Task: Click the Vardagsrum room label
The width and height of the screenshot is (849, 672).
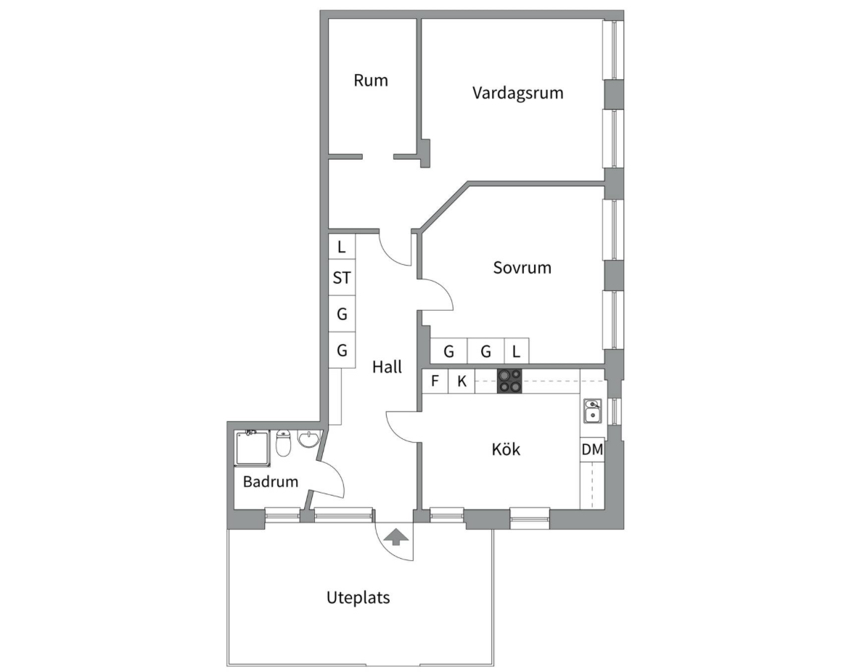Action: tap(517, 93)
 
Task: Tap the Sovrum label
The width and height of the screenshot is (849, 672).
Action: tap(522, 268)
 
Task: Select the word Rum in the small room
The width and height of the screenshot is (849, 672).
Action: tap(371, 81)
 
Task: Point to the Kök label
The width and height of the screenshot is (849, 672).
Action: tap(506, 449)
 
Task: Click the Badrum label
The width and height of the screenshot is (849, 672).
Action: tap(271, 481)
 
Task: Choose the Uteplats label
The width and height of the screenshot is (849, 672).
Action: tap(358, 598)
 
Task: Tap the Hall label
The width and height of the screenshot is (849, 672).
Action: tap(387, 367)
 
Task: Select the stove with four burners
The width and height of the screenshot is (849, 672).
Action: tap(509, 381)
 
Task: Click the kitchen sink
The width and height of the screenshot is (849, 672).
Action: tap(593, 411)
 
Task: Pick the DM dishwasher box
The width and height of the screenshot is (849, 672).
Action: tap(592, 449)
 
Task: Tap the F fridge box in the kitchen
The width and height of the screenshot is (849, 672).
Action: tap(435, 381)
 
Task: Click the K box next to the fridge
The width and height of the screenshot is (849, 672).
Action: tap(462, 381)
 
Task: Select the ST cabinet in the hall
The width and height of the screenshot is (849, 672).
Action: tap(342, 278)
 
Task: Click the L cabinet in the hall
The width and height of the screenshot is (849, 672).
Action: tap(342, 247)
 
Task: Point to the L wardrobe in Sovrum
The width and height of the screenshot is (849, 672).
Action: tap(517, 351)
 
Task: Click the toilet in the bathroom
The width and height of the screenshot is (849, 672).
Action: tap(284, 443)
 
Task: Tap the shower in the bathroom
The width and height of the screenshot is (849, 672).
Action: tap(253, 448)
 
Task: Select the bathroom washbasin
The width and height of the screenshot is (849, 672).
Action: tap(309, 439)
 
